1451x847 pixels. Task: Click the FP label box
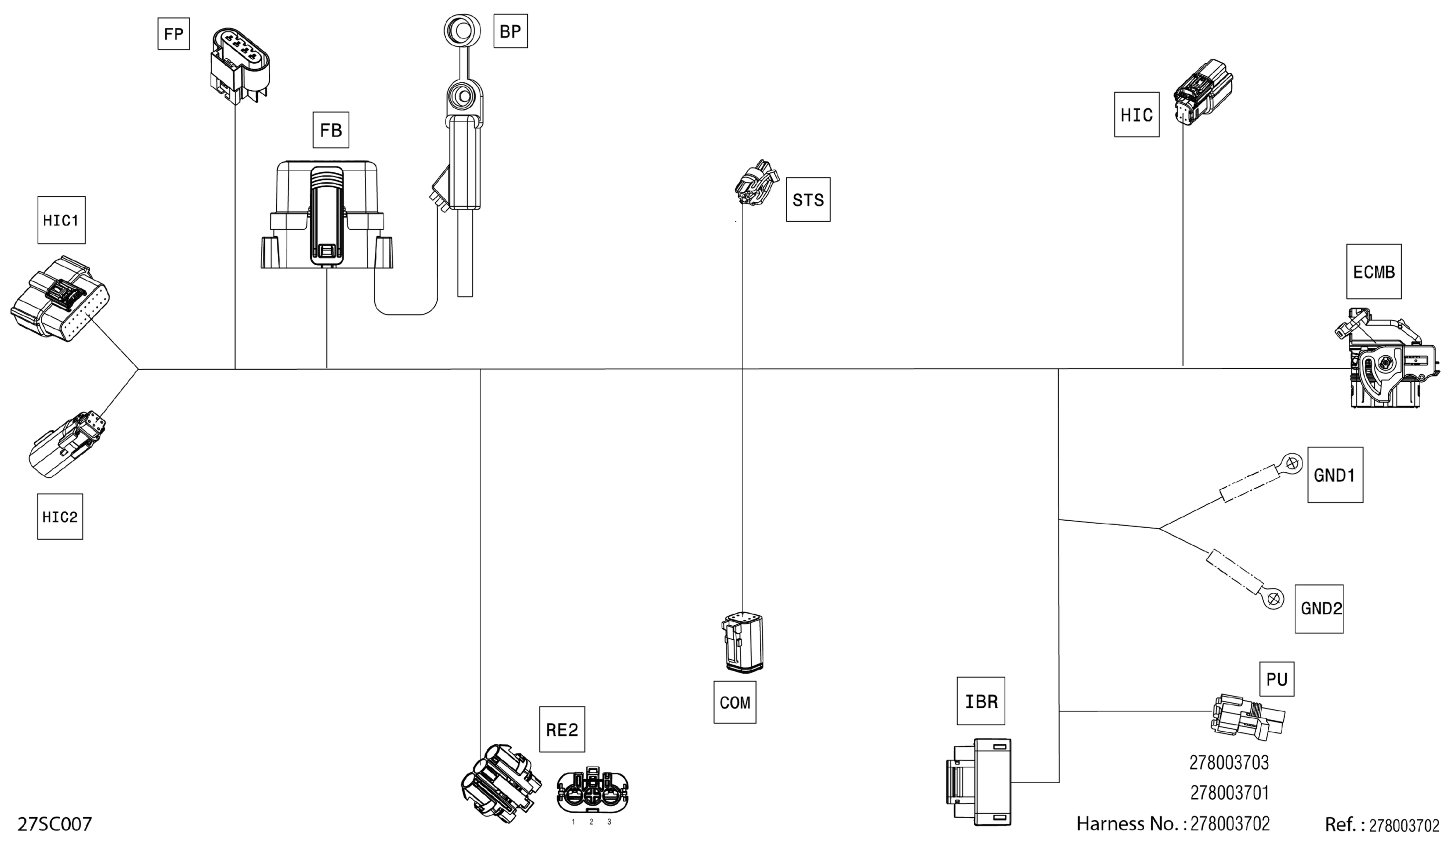pyautogui.click(x=173, y=34)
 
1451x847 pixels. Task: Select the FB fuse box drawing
pyautogui.click(x=327, y=215)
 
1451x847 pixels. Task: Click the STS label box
pyautogui.click(x=808, y=199)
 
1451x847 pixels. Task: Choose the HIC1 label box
pyautogui.click(x=61, y=220)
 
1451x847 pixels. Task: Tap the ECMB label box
pyautogui.click(x=1374, y=272)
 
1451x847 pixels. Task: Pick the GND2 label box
pyautogui.click(x=1321, y=608)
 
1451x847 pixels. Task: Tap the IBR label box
pyautogui.click(x=980, y=701)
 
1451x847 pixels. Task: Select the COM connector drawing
pyautogui.click(x=742, y=642)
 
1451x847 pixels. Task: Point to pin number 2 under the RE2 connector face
pyautogui.click(x=592, y=822)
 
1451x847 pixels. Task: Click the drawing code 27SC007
pyautogui.click(x=55, y=824)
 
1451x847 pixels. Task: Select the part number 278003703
pyautogui.click(x=1229, y=762)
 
